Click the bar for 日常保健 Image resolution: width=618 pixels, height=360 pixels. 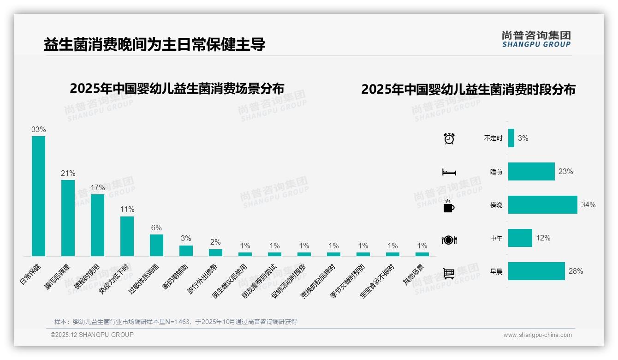(x=38, y=196)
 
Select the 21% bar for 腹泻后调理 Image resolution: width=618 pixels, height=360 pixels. (x=68, y=218)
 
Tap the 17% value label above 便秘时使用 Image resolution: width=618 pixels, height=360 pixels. (x=97, y=188)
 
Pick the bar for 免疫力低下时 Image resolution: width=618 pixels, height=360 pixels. (x=127, y=236)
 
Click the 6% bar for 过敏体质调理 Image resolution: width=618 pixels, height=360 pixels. (x=156, y=245)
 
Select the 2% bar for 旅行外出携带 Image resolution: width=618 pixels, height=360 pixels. (x=215, y=252)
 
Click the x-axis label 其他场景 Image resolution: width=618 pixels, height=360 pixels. (x=413, y=275)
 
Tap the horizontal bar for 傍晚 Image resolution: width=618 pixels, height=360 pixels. (x=542, y=204)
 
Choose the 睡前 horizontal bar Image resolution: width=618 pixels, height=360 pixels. (x=531, y=171)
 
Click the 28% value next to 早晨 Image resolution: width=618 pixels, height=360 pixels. (x=576, y=271)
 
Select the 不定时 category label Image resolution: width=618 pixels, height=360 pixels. (x=493, y=138)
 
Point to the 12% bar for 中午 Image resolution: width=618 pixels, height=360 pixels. (x=520, y=238)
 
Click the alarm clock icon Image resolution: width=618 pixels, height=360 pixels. (x=449, y=138)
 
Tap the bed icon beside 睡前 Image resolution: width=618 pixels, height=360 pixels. (x=449, y=172)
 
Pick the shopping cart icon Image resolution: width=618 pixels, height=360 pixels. (x=449, y=273)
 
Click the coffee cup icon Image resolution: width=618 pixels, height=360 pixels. (x=449, y=206)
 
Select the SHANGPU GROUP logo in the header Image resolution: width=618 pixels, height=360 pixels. (x=536, y=39)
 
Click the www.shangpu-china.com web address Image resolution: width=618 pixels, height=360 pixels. (x=537, y=335)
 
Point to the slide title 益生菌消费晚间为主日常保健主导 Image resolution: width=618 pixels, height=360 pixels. (x=154, y=45)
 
